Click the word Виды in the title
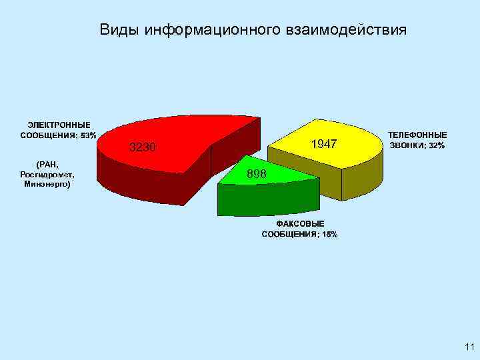(119, 30)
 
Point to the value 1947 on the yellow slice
(325, 145)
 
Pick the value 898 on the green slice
(257, 174)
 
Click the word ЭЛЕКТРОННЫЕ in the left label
(59, 125)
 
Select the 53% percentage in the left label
(88, 135)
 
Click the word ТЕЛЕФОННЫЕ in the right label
(417, 135)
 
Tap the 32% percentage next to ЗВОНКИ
(437, 145)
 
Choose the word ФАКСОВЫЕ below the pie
(300, 224)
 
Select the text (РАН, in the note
(47, 164)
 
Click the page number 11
(469, 347)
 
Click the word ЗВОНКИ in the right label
(408, 145)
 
